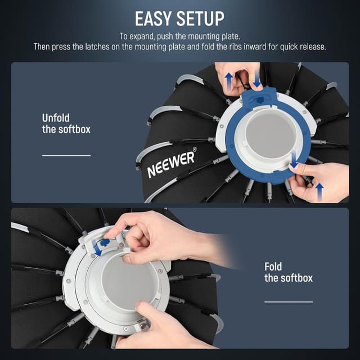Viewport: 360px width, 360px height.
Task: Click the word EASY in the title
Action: (153, 18)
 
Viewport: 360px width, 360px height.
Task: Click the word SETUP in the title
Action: (198, 18)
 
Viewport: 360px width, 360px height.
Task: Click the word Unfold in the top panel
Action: (56, 118)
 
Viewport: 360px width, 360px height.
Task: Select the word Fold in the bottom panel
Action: (274, 266)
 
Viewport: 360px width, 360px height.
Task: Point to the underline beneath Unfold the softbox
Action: (66, 155)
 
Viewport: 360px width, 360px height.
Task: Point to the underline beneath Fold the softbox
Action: (288, 302)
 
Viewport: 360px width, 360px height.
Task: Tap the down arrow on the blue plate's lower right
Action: (294, 161)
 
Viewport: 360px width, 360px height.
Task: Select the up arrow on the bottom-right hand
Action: (319, 191)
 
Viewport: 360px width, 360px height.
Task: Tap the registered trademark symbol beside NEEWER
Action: (195, 150)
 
